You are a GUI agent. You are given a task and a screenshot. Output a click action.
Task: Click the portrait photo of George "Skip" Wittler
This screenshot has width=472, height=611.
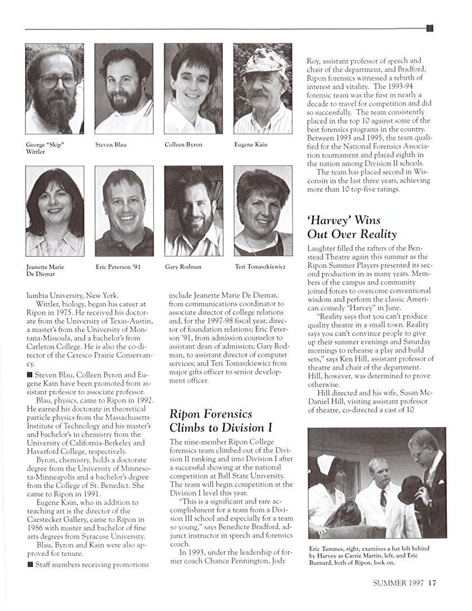(55, 89)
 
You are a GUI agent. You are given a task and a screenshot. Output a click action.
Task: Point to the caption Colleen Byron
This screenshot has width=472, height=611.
(183, 145)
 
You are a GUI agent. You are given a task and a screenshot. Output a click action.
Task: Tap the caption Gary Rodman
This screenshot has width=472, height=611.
(183, 267)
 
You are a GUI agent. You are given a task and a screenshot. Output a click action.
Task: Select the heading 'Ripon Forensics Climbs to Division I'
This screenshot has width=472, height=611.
(211, 421)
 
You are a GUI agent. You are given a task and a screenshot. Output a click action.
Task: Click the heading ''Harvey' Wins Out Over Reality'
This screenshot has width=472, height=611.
(352, 227)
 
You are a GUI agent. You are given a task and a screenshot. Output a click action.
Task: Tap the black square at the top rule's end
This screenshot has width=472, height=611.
(430, 28)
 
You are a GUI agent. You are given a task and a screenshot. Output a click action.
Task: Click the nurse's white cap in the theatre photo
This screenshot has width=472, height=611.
(327, 464)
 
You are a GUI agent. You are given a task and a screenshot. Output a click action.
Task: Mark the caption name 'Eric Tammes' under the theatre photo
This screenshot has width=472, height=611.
(326, 549)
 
